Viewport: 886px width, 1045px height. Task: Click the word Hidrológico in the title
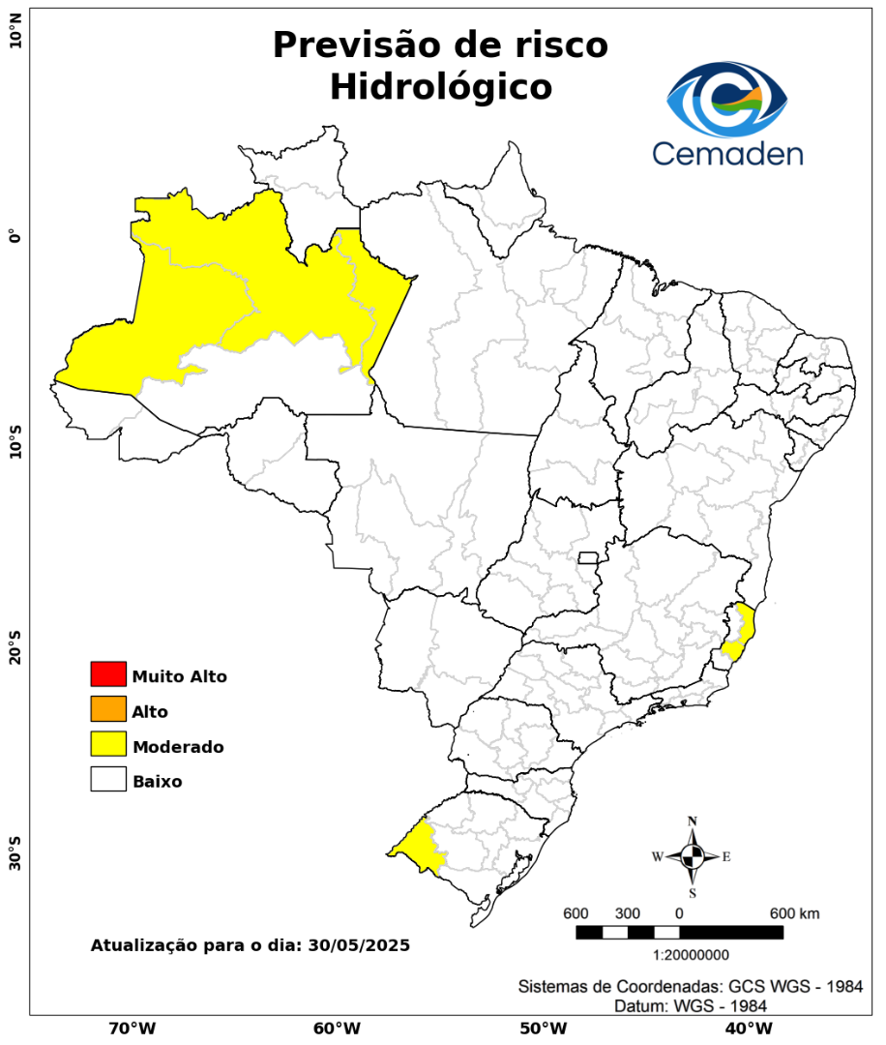point(440,87)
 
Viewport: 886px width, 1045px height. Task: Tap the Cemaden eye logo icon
point(727,100)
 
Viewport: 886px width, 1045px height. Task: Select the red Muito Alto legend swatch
point(108,674)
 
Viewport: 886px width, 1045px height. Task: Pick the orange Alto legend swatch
point(108,709)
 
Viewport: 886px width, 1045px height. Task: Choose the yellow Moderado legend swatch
point(108,744)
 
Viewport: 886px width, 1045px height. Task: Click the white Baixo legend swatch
point(108,779)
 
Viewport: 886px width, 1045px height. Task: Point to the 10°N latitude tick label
point(15,37)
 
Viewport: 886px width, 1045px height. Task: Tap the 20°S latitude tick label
point(15,647)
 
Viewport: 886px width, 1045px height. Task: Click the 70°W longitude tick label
point(132,1028)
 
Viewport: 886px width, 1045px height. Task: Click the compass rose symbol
point(693,856)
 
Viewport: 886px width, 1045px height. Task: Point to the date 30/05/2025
point(359,944)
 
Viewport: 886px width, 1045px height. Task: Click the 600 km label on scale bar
point(795,913)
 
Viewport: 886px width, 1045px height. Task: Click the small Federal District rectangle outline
point(588,557)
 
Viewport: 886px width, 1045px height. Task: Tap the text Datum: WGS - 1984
point(691,1006)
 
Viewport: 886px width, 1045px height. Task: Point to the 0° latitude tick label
point(15,236)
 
